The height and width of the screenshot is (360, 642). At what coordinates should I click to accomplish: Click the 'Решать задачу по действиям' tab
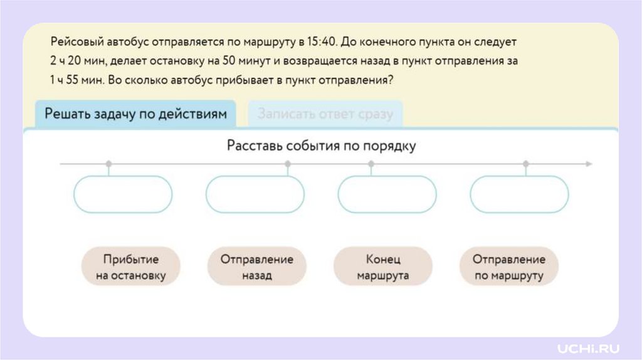tap(135, 114)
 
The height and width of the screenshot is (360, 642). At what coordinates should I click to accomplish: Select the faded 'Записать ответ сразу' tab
tap(325, 114)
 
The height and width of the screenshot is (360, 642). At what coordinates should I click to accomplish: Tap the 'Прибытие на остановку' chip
tap(131, 267)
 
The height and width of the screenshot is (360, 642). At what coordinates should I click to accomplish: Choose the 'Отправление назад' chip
tap(256, 267)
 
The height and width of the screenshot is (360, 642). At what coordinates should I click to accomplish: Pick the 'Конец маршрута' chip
tap(382, 267)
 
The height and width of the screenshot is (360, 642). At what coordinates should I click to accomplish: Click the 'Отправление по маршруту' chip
tap(508, 267)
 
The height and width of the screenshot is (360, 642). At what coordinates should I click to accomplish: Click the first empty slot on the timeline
tap(123, 194)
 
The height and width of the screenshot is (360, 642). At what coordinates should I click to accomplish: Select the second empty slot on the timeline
tap(255, 194)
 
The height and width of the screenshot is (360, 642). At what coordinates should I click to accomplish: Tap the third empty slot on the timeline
tap(387, 194)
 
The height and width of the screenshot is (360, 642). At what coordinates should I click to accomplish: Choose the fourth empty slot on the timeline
tap(519, 194)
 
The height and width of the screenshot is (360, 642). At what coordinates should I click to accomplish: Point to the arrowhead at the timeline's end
tap(588, 164)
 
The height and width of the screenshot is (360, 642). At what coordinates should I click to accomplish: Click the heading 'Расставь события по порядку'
tap(321, 146)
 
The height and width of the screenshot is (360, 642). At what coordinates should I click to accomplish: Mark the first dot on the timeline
tap(109, 164)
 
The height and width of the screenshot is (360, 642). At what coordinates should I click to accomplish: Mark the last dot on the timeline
tap(525, 164)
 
